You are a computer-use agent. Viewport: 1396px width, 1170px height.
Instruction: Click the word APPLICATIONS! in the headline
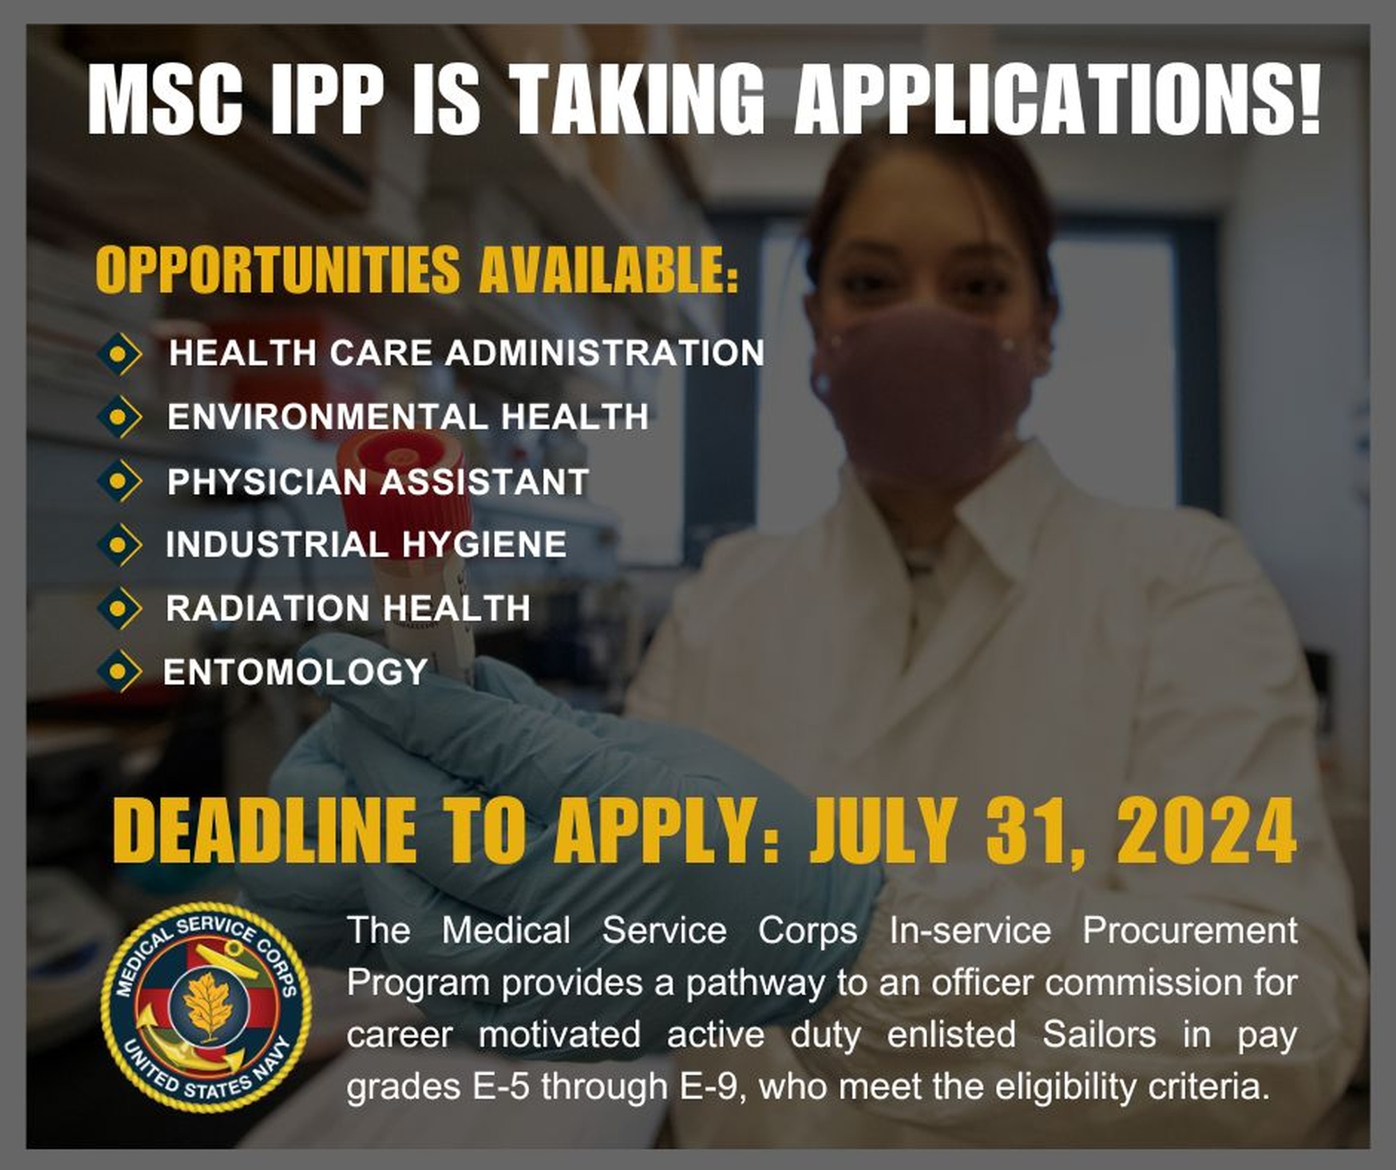[1057, 98]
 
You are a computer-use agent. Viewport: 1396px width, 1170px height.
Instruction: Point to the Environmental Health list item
[408, 417]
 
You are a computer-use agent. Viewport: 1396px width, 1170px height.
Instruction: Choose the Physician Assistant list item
[378, 482]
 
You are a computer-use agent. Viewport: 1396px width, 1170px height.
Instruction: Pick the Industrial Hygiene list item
[366, 544]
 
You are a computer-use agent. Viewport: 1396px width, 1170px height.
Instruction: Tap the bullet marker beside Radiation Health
[119, 608]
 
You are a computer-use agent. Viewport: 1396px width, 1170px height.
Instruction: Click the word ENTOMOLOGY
[295, 672]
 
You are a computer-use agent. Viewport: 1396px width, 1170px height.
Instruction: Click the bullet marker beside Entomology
[119, 671]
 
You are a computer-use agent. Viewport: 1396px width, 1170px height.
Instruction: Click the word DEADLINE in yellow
[265, 832]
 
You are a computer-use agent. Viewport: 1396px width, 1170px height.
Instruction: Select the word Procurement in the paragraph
[1189, 931]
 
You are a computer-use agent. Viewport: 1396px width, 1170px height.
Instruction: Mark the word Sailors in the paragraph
[1099, 1035]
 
